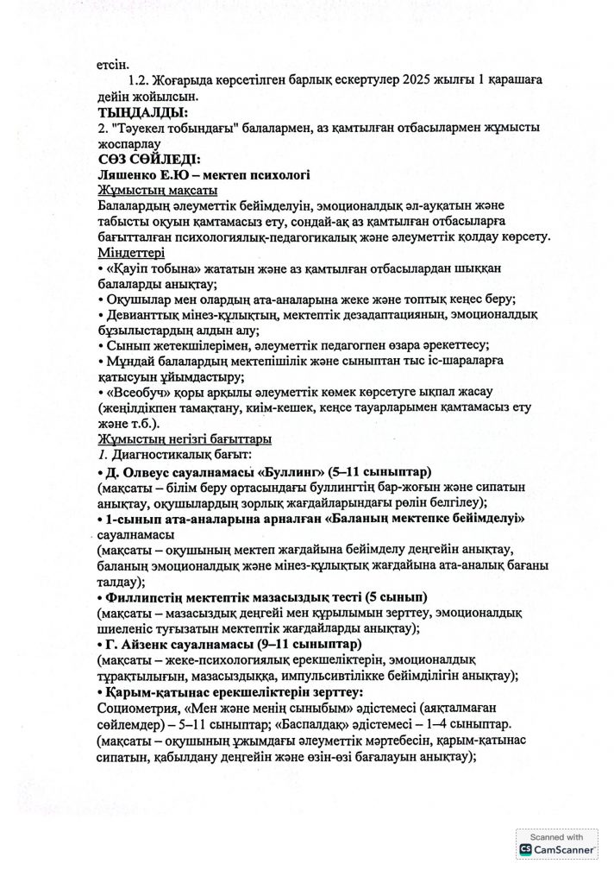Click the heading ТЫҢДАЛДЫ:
[142, 111]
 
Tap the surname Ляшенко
[129, 174]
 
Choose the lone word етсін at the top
[116, 64]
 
